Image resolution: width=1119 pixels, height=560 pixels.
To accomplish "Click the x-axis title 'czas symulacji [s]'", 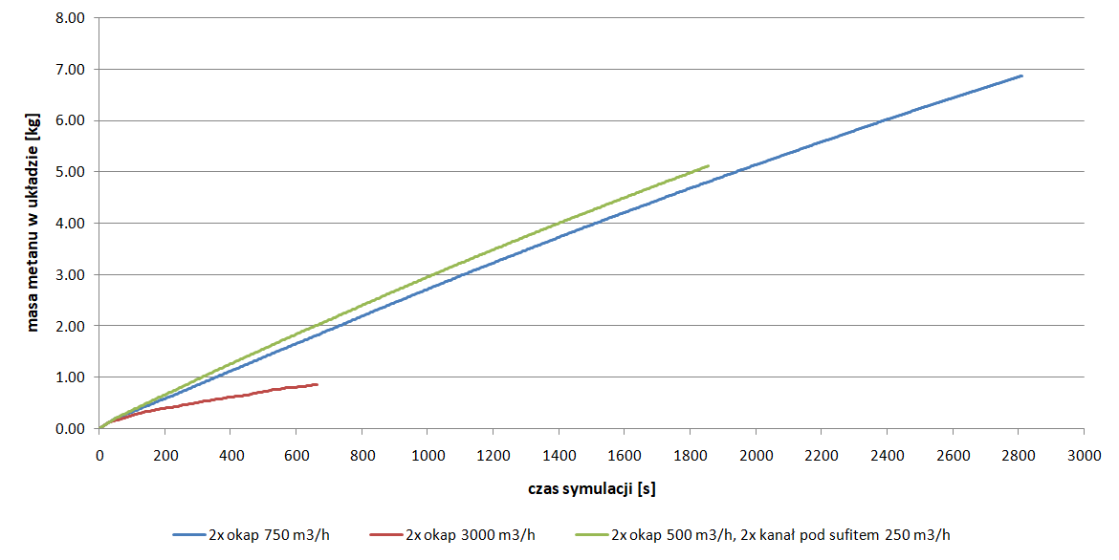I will [x=591, y=488].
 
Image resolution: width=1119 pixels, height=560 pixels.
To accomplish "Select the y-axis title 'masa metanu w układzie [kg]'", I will [x=33, y=224].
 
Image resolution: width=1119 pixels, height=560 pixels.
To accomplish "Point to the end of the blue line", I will [x=1021, y=75].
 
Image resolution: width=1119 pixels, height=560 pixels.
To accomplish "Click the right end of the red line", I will [x=317, y=384].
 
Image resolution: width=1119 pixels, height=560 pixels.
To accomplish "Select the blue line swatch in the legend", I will [x=188, y=534].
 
